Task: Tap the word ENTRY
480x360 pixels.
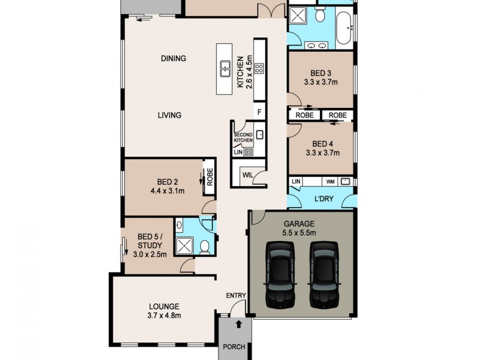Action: (236, 295)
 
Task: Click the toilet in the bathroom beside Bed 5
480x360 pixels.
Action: (205, 246)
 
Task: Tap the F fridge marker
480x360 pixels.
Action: (259, 112)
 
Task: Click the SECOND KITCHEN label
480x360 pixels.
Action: (244, 137)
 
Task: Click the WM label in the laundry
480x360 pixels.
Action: (330, 180)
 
